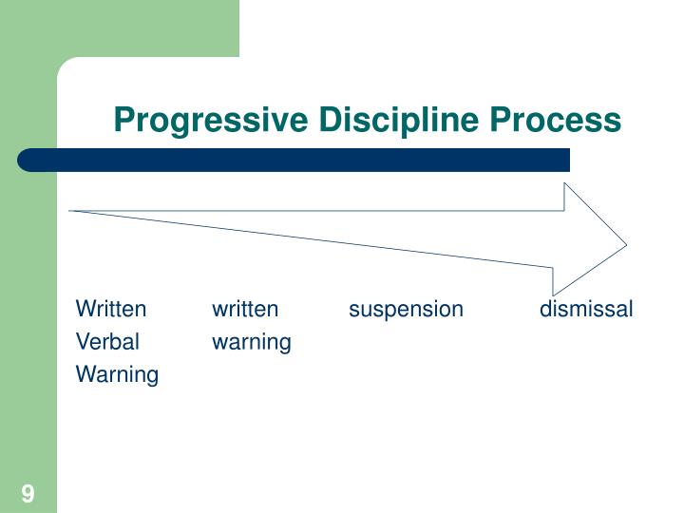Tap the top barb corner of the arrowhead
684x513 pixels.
click(566, 183)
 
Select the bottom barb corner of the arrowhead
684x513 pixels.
click(554, 294)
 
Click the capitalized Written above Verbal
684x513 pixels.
click(111, 309)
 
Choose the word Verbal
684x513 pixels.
click(107, 341)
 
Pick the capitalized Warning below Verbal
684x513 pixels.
click(117, 374)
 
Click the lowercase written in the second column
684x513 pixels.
click(245, 309)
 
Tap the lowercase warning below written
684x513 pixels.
click(252, 341)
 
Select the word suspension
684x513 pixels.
click(406, 309)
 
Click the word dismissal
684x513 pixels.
click(586, 309)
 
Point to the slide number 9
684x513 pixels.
click(28, 493)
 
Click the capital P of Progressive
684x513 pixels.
click(122, 121)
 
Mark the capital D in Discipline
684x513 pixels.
click(329, 121)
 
